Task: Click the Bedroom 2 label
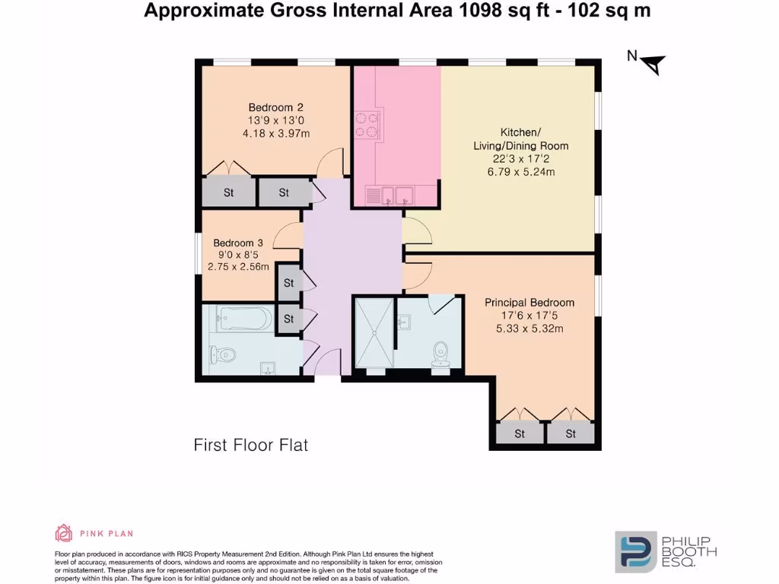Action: tap(276, 107)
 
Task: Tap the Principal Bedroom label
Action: tap(529, 303)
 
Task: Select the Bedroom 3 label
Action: tap(237, 243)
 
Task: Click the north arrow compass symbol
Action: tap(653, 65)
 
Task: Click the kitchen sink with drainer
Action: tap(389, 195)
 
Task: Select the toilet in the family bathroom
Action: tap(221, 354)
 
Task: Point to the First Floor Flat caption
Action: tap(251, 445)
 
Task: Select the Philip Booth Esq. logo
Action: tap(665, 551)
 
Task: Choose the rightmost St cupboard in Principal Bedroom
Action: tap(571, 434)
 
